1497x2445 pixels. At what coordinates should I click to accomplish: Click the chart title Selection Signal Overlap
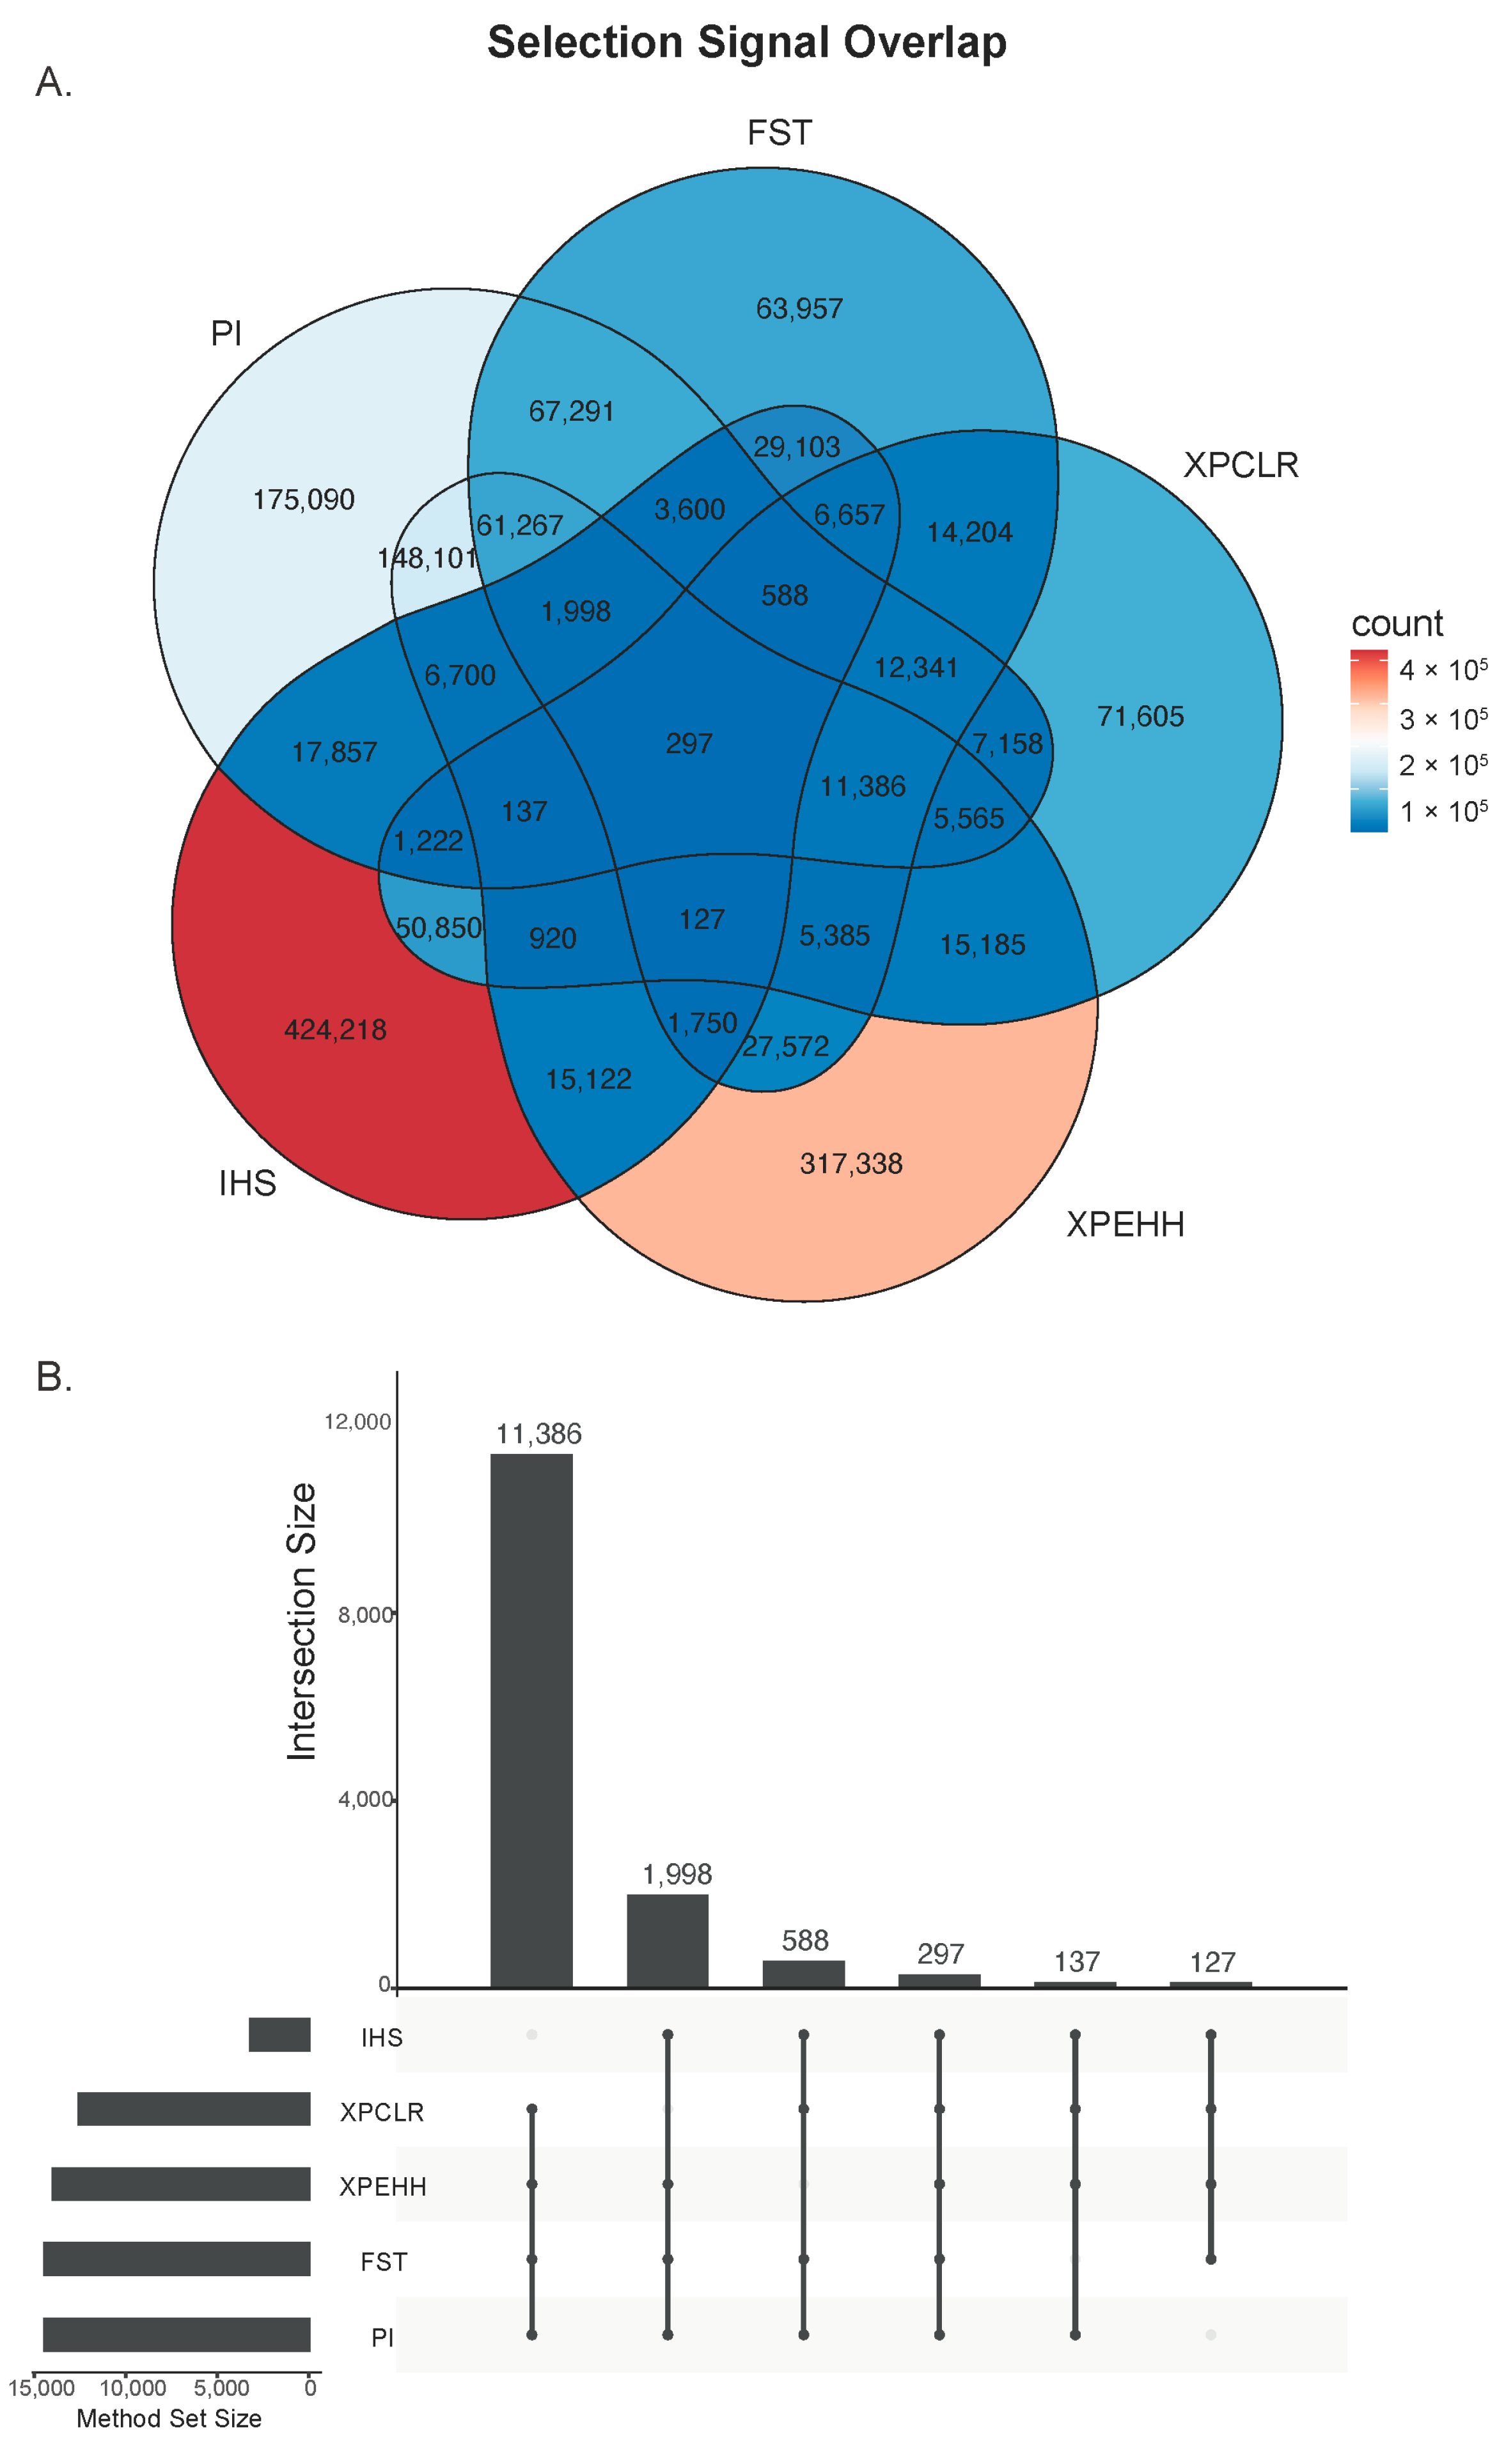pos(746,43)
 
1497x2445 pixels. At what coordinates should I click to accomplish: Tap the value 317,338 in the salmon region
pos(850,1163)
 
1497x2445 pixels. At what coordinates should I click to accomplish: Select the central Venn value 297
pos(689,743)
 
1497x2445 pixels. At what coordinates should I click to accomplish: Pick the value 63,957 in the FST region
pos(799,309)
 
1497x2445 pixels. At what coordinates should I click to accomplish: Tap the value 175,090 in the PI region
pos(304,499)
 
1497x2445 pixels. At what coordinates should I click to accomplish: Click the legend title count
pos(1396,623)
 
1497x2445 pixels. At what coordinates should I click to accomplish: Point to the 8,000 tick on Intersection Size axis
pos(365,1614)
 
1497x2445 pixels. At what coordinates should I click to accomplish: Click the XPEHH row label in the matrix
pos(382,2186)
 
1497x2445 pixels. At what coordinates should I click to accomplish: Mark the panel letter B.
pos(54,1377)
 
